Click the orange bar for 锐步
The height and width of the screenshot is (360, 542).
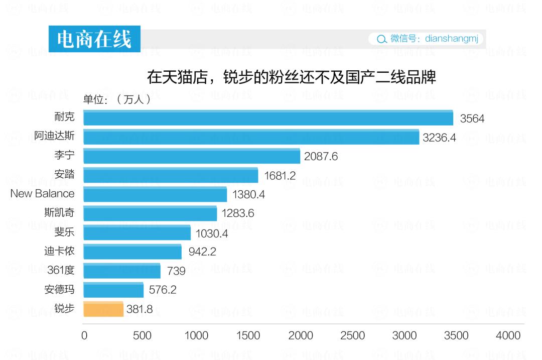pos(103,309)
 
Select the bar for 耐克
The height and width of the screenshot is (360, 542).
pos(268,118)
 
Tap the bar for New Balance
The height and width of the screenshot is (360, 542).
pos(155,194)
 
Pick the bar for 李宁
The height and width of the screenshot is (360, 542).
pos(192,156)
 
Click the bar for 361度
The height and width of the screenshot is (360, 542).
pos(122,271)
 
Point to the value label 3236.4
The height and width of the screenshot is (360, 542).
pos(439,138)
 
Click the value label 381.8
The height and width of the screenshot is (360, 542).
pos(140,309)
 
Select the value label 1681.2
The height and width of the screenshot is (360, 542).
pos(279,176)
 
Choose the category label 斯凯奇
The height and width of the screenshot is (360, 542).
pos(59,212)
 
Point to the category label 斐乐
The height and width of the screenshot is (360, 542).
pos(64,231)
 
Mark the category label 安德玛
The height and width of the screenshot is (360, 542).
pos(59,289)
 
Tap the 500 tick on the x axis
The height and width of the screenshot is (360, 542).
pos(142,336)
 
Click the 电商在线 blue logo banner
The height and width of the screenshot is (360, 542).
pos(94,39)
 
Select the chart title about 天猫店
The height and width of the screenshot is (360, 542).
pos(291,77)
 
